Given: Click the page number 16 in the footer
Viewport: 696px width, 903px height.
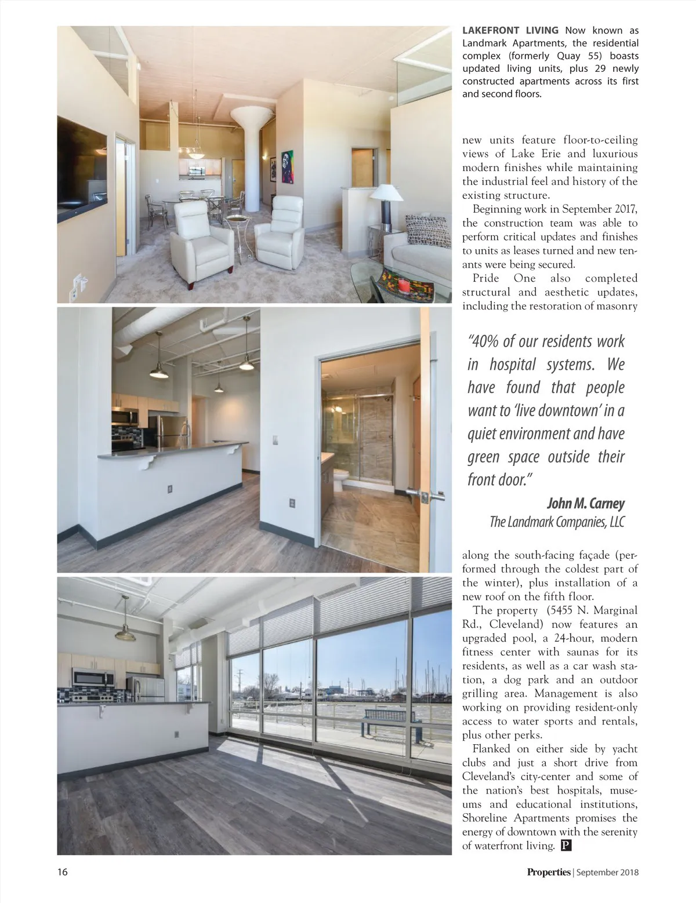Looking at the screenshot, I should [62, 872].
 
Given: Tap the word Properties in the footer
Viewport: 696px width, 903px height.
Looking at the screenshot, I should [549, 872].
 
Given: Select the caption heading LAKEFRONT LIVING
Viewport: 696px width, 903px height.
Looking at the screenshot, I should [510, 30].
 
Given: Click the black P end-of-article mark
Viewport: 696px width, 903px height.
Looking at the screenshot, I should [567, 846].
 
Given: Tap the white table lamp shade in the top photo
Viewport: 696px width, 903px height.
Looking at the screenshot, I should [386, 192].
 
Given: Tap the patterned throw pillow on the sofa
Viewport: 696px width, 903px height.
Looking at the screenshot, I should [427, 231].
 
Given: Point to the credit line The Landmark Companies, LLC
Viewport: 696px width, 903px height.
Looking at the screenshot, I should [557, 522].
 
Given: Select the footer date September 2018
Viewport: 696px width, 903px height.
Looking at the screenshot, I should [607, 872].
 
